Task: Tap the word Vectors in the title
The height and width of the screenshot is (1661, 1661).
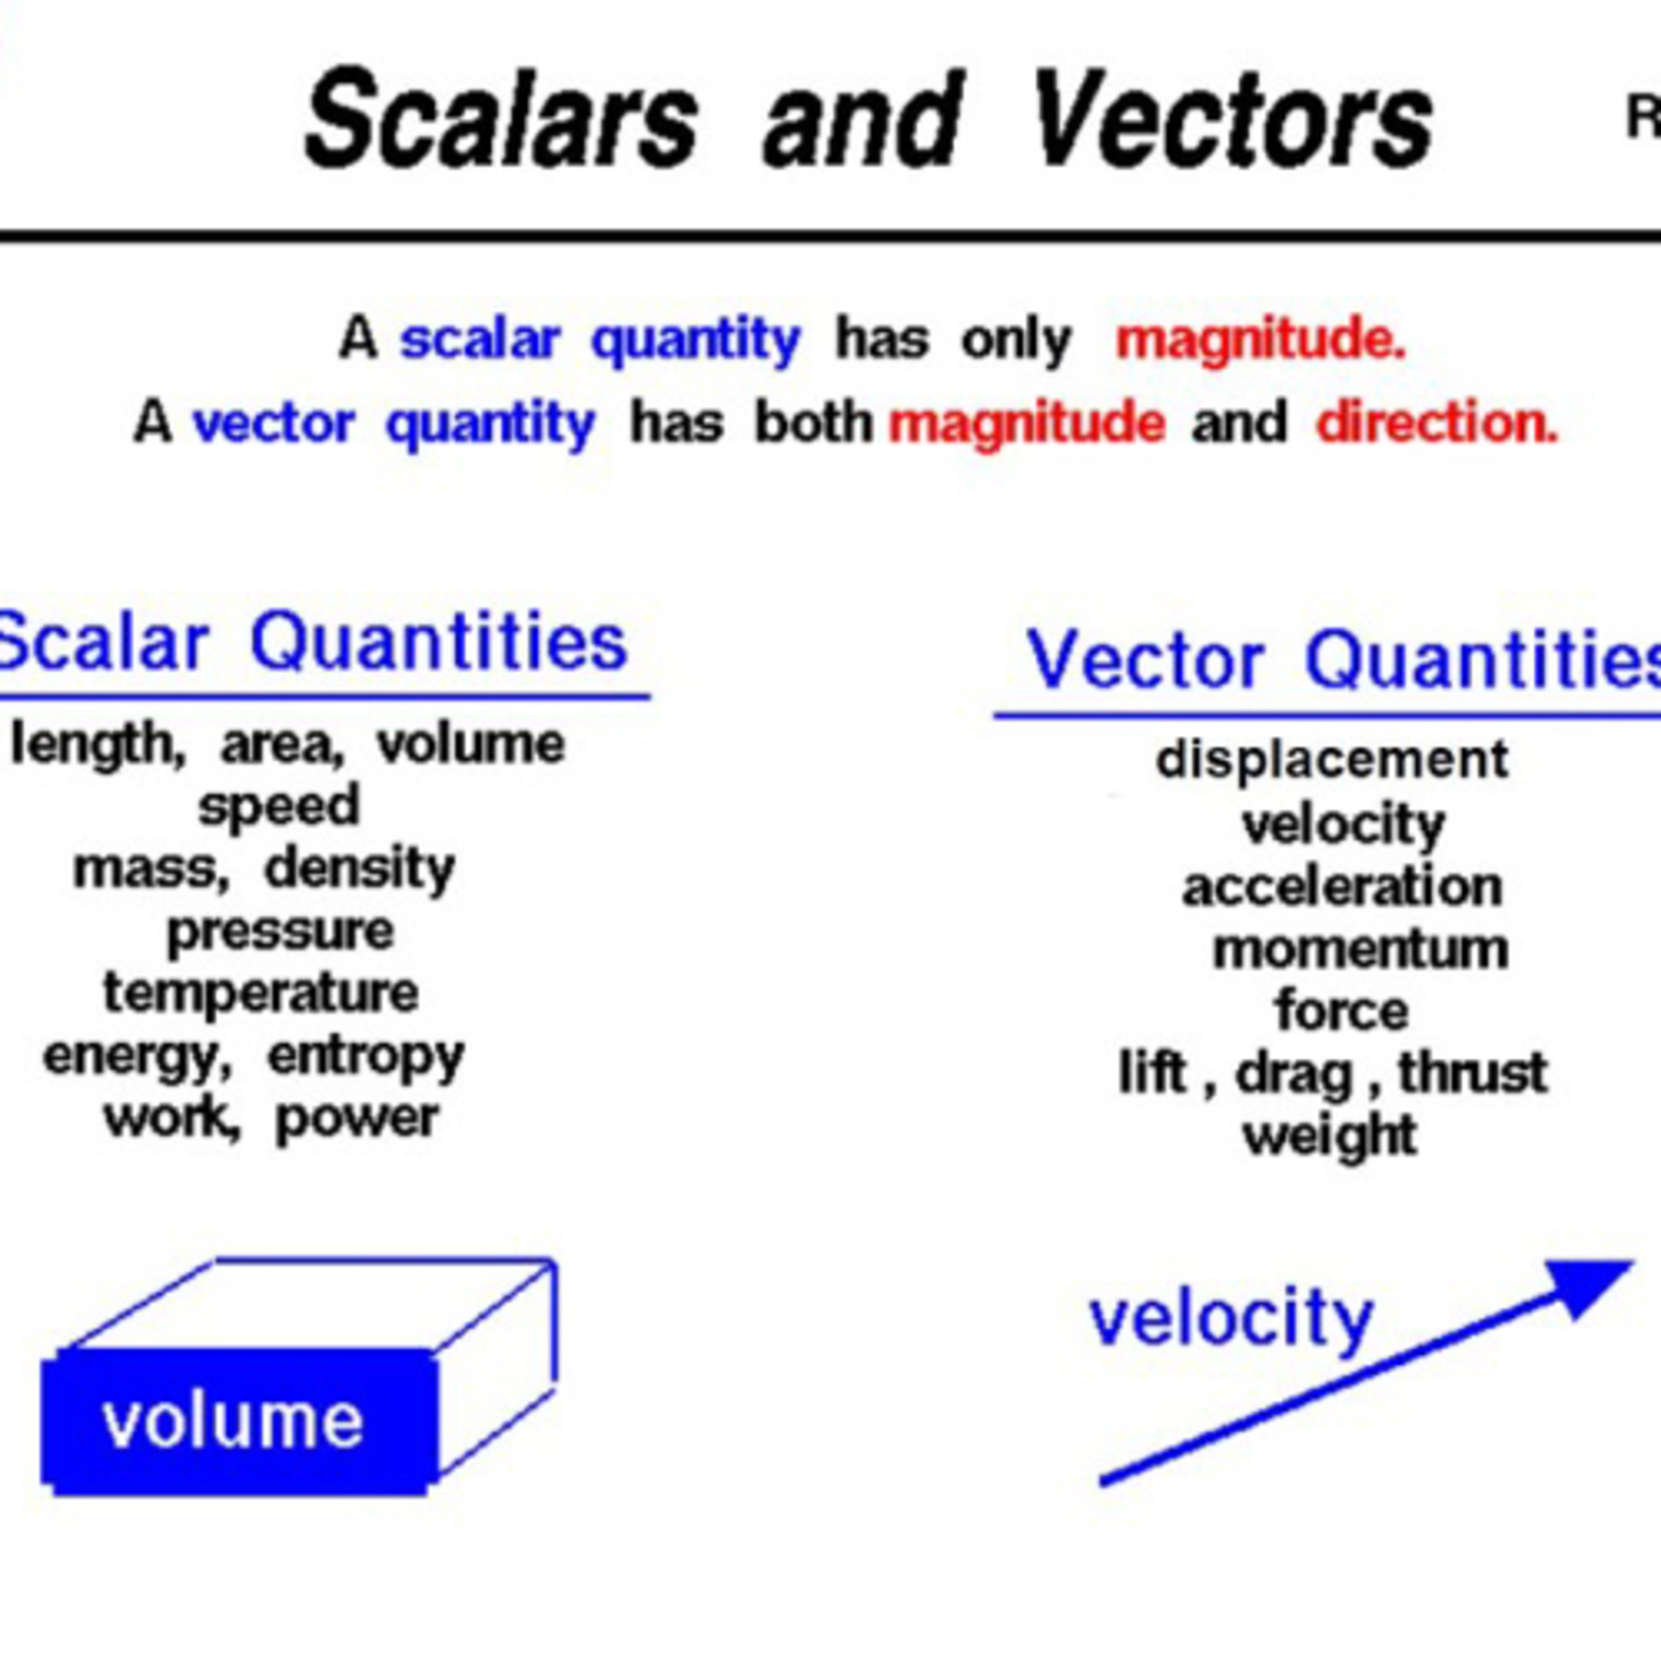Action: (x=1232, y=118)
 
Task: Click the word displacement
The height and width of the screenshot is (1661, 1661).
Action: (x=1332, y=759)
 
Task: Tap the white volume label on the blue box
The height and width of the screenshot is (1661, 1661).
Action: (x=232, y=1422)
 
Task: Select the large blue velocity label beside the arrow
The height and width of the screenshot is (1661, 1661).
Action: (x=1232, y=1320)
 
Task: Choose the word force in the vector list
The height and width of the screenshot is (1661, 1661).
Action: (x=1342, y=1010)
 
